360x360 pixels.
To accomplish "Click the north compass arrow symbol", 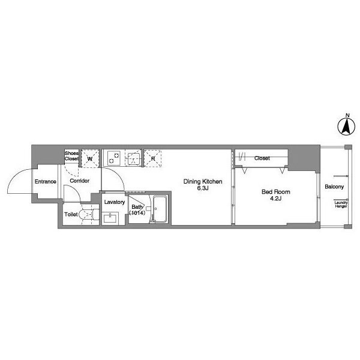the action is coord(346,126).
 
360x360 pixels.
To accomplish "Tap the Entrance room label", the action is coord(45,182).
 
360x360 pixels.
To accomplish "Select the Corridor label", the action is coord(79,181).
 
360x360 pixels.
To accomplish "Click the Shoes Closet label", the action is coord(71,156).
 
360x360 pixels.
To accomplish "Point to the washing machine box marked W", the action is coord(90,158).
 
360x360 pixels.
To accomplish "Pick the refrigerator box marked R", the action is coord(152,158).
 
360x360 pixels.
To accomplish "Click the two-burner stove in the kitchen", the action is coord(114,158).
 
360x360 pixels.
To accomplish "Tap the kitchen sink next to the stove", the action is coord(133,158).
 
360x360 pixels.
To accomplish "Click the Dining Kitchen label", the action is coord(203,182).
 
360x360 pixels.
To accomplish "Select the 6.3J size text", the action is coord(203,188).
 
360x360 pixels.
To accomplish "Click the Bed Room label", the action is coord(276,192).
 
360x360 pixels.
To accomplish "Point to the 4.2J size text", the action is coord(276,199).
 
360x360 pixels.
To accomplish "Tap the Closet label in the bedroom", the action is coord(262,158).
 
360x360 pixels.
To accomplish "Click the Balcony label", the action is coord(334,187).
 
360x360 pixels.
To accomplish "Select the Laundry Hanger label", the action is coord(341,205).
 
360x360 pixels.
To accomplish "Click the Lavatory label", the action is coord(115,202).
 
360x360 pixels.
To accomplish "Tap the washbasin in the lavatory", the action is coord(110,218).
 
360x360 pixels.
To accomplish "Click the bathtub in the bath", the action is coord(160,209).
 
